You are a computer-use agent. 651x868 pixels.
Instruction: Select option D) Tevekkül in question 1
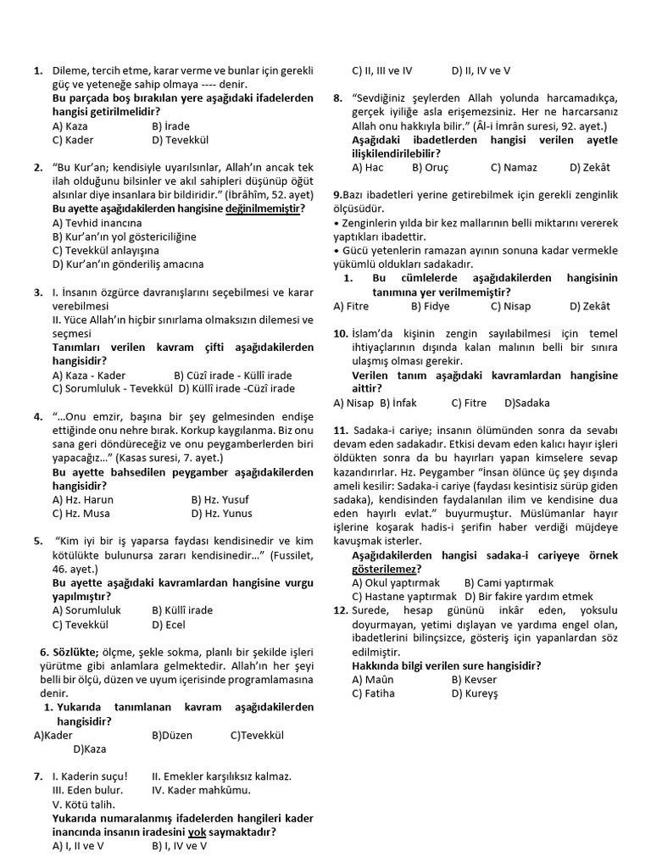[180, 140]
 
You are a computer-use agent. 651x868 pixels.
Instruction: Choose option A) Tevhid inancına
[97, 222]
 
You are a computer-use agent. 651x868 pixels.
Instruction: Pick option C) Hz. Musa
[82, 514]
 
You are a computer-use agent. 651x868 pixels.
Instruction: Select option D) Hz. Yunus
[222, 514]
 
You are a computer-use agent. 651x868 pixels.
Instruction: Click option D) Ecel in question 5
[169, 624]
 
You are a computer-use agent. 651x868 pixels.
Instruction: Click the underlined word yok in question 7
[198, 832]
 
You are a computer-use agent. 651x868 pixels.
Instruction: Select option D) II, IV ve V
[481, 71]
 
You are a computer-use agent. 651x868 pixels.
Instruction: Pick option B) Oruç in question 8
[430, 167]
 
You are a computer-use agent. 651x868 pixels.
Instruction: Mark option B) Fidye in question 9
[430, 306]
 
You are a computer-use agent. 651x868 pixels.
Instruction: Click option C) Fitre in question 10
[469, 403]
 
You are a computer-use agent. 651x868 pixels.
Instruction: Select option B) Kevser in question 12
[474, 679]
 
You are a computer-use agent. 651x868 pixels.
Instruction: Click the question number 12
[341, 610]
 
